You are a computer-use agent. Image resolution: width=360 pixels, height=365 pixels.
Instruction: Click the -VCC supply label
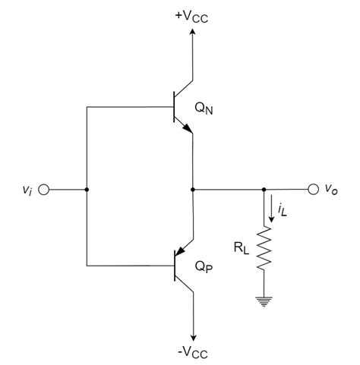[192, 352]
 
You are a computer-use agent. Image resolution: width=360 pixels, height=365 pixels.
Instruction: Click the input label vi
[28, 190]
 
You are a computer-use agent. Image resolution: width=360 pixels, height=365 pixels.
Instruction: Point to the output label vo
[331, 190]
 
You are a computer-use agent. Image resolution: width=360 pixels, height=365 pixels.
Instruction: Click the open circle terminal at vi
[43, 189]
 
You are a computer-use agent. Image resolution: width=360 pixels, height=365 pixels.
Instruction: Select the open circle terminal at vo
[313, 189]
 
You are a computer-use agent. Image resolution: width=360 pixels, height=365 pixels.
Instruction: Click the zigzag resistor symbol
[264, 250]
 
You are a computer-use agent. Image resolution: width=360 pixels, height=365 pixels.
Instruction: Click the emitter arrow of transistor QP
[181, 253]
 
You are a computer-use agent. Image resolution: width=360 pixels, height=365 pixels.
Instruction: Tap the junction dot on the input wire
[87, 189]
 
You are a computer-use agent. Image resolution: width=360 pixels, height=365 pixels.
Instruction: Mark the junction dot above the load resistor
[264, 189]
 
